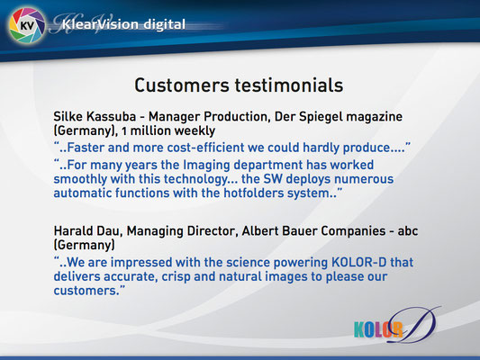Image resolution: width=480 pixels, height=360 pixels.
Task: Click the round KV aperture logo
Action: click(x=27, y=26)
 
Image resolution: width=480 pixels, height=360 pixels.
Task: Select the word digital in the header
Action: click(x=165, y=24)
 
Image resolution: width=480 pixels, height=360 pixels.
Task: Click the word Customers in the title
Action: click(x=182, y=85)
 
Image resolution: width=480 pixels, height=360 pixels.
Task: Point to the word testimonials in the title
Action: click(x=289, y=85)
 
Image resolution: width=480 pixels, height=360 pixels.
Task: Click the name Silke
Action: click(x=68, y=116)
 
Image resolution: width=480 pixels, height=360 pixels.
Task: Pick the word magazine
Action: click(x=375, y=117)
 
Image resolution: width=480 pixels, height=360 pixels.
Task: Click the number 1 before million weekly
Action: click(x=124, y=131)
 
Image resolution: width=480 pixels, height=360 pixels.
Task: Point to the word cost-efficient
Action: click(x=205, y=148)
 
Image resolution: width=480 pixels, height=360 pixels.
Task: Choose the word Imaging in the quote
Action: click(x=206, y=166)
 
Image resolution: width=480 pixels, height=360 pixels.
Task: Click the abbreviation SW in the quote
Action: click(x=273, y=179)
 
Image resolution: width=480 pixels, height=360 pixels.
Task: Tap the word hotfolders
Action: click(x=254, y=193)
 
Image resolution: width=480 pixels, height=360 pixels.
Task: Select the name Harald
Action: click(x=73, y=231)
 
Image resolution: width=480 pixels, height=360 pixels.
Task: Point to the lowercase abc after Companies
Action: click(x=408, y=231)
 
